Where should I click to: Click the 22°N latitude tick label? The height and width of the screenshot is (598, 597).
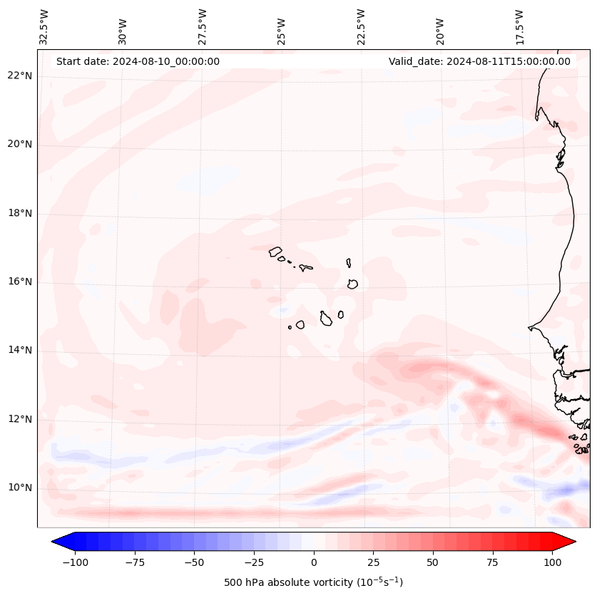[19, 76]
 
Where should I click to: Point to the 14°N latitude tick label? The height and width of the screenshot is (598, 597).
[19, 350]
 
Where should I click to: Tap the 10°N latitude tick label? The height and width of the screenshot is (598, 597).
[19, 488]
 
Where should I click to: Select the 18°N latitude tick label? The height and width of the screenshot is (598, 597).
[19, 213]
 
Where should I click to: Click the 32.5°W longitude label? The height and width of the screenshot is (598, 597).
[44, 26]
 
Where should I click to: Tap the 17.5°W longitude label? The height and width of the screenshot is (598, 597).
[519, 26]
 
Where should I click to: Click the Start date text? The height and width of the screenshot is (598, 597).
[138, 61]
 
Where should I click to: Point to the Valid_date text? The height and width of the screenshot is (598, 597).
[479, 61]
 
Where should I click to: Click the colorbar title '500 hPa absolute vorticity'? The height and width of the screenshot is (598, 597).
[313, 582]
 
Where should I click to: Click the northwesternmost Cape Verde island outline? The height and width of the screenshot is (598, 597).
[275, 251]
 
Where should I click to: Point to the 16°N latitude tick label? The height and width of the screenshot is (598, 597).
[19, 282]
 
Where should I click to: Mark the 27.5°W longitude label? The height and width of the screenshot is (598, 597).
[203, 26]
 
